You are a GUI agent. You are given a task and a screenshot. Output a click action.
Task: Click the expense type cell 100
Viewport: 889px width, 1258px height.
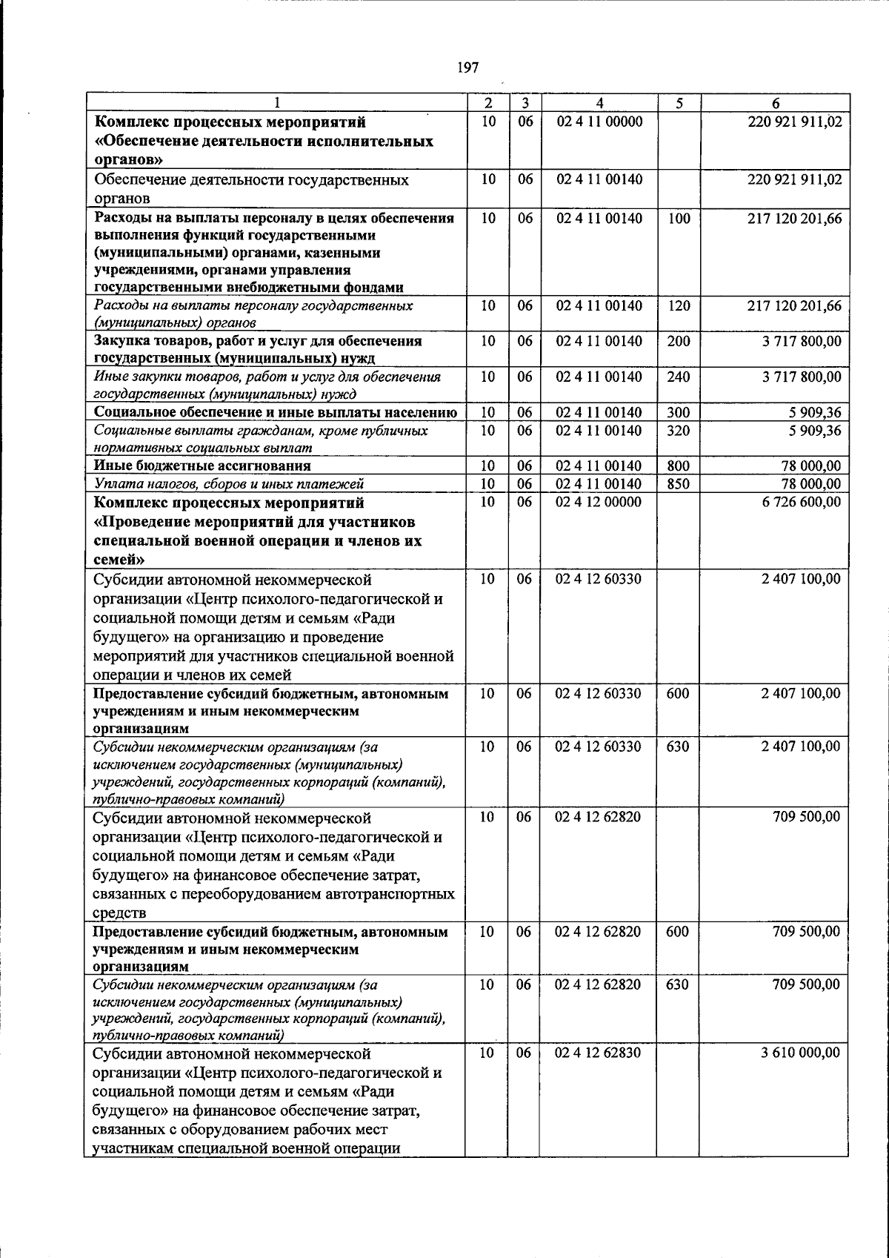tap(679, 219)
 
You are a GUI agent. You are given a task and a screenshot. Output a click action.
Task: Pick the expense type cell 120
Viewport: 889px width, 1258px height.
tap(679, 305)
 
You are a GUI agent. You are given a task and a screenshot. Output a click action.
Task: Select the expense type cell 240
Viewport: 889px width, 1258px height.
tap(679, 377)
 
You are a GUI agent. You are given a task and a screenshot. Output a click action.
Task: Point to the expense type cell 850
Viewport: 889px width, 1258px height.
tap(679, 484)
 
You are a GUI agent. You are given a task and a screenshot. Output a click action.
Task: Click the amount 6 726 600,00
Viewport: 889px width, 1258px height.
tap(801, 502)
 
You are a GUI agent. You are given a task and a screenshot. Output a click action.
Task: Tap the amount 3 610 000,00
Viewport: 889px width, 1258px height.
tap(801, 1053)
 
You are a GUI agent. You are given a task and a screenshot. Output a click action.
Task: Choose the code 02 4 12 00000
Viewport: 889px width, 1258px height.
tap(599, 502)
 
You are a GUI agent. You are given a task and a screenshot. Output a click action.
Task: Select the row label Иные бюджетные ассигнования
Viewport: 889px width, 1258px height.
tap(202, 466)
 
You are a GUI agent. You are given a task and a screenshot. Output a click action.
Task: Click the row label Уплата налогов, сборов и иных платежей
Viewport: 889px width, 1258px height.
tap(229, 484)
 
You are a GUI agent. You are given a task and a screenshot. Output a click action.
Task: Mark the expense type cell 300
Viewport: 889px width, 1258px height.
tap(679, 412)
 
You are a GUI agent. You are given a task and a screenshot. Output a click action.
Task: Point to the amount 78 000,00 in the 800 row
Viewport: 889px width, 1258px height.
tap(811, 466)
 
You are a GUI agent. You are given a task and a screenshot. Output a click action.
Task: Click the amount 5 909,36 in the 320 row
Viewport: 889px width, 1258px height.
tap(815, 431)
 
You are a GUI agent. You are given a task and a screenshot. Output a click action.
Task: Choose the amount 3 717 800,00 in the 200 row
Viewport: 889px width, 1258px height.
tap(802, 341)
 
